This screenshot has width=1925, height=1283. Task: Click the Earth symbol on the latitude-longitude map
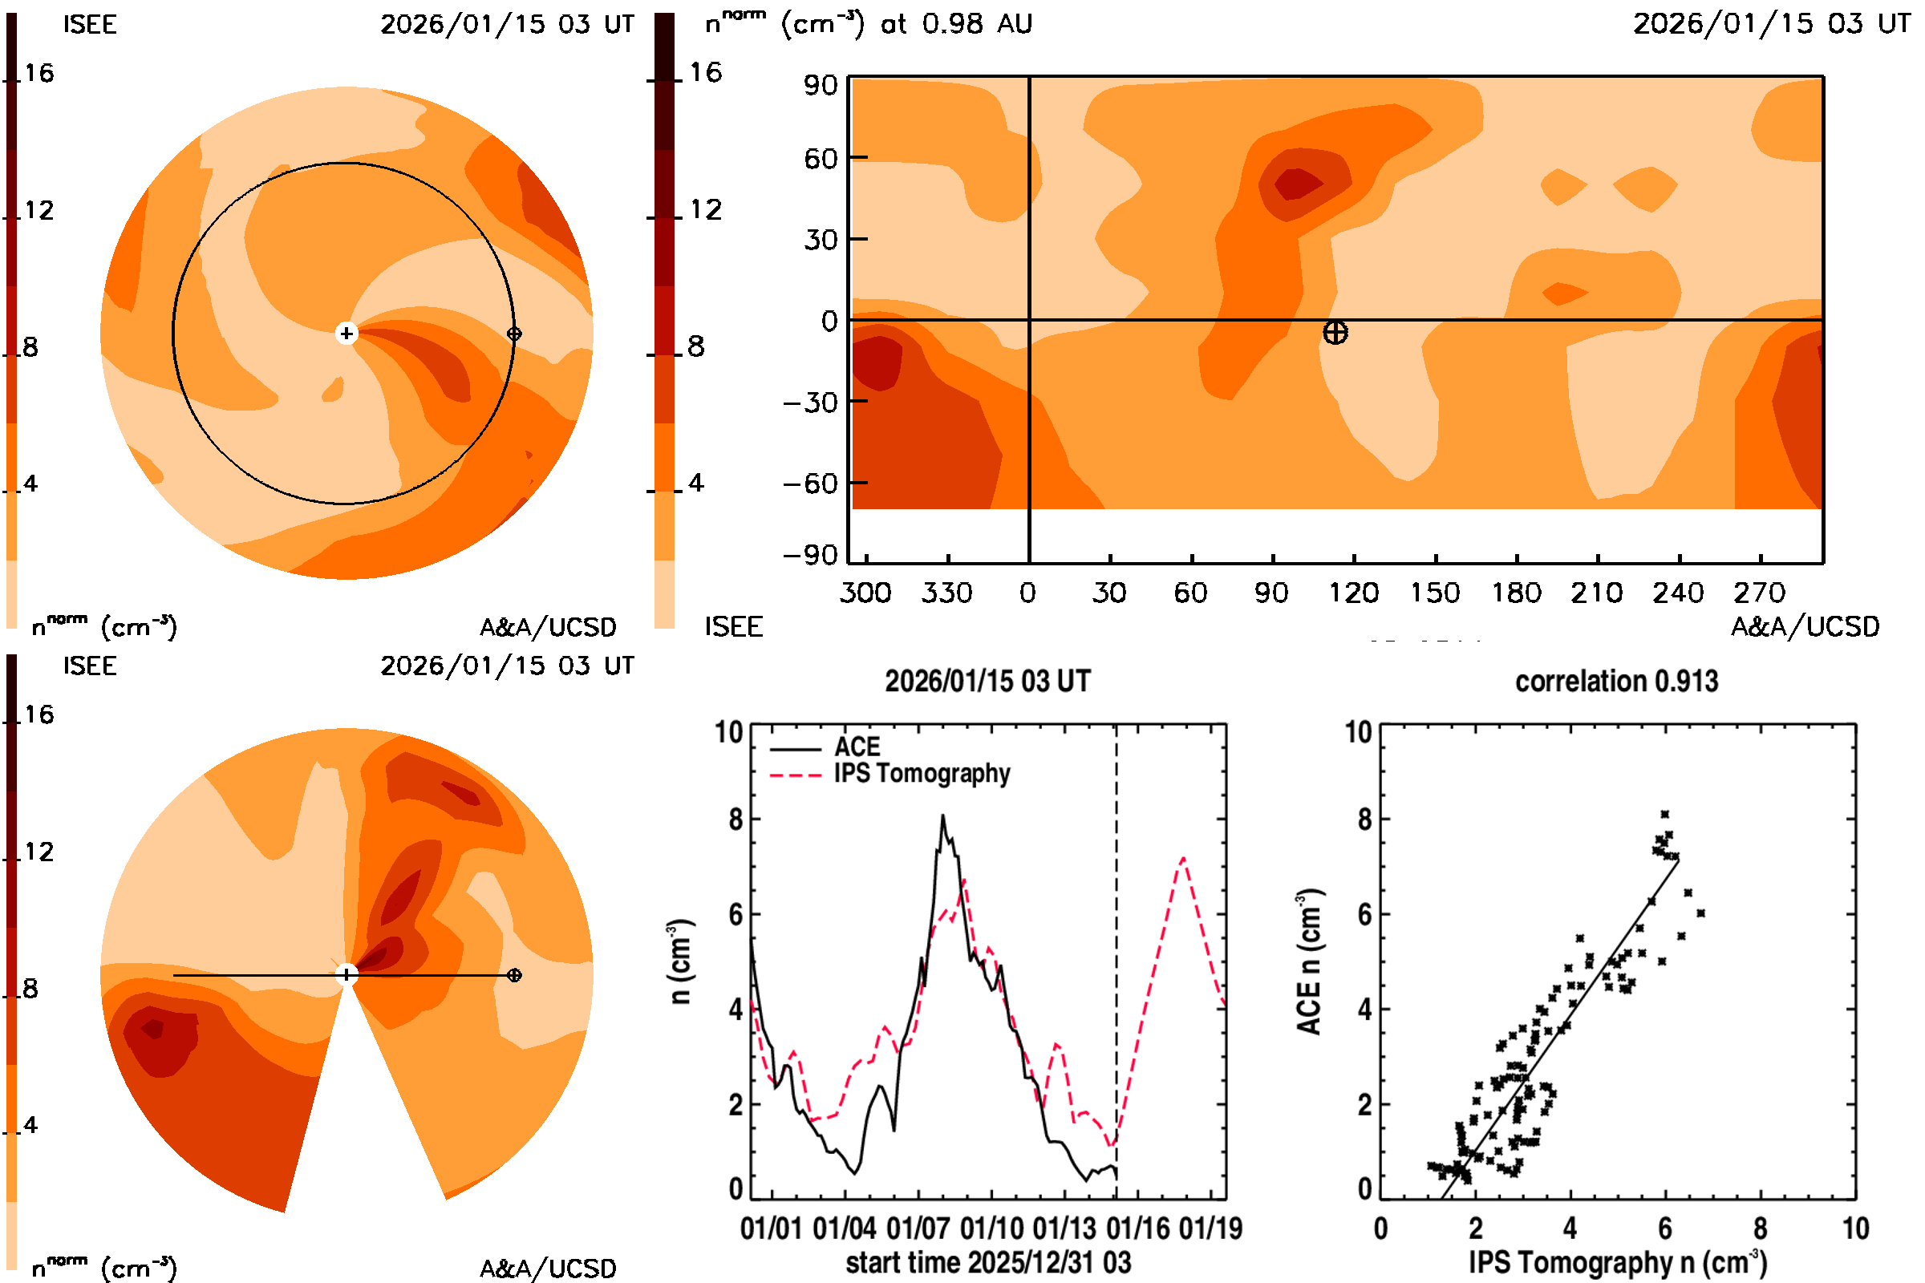point(1335,332)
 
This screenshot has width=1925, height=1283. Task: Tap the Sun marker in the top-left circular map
point(346,333)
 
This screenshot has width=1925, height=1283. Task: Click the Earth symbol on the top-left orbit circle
point(514,334)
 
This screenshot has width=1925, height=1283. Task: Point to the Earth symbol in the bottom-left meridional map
point(514,975)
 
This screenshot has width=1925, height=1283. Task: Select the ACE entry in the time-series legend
point(856,747)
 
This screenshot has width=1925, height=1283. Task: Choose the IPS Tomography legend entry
point(922,773)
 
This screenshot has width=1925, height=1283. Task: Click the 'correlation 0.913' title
point(1616,682)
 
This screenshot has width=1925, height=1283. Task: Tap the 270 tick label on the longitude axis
point(1759,593)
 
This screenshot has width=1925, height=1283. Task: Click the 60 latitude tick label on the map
point(820,158)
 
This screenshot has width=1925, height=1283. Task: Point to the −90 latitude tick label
point(810,556)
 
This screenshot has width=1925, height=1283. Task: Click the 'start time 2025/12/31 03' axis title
point(988,1262)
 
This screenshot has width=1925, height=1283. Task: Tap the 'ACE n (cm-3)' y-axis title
point(1309,961)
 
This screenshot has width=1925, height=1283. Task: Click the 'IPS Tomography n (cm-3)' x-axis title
point(1617,1262)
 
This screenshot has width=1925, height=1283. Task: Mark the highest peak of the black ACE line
point(943,816)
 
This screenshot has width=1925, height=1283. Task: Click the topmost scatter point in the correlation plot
point(1665,814)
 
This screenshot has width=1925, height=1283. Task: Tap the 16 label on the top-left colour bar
point(38,74)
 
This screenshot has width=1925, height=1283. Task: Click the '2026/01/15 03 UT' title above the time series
point(988,682)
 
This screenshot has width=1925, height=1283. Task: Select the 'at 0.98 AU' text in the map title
point(956,24)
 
